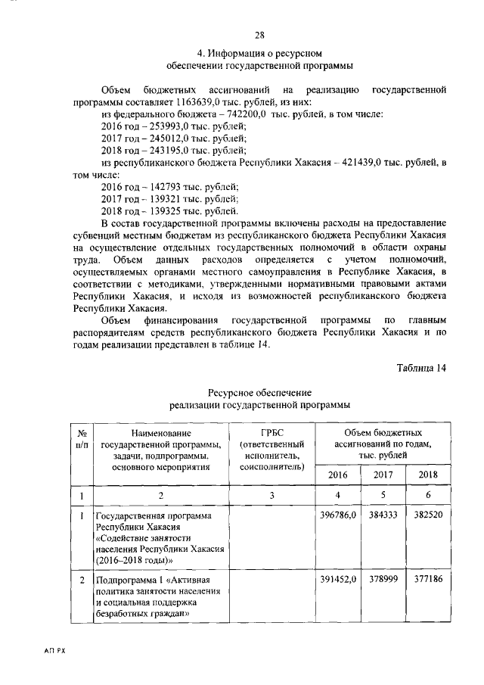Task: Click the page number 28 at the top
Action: (259, 36)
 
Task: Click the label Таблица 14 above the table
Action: (422, 368)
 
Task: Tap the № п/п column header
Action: (81, 438)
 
